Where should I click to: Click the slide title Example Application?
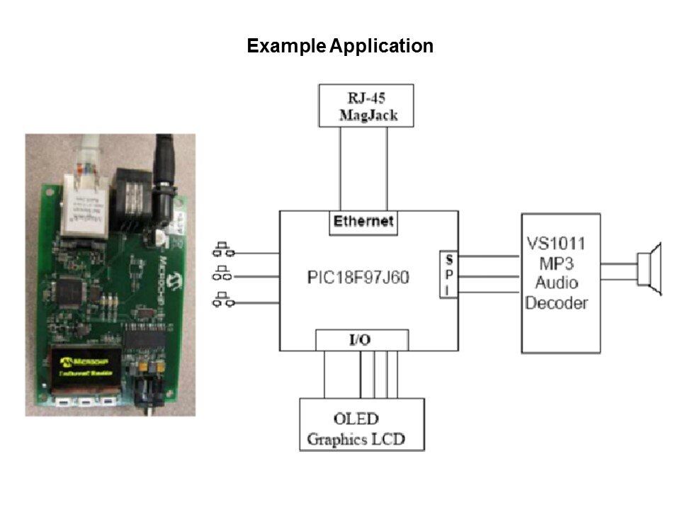click(340, 47)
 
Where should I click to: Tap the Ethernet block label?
click(363, 222)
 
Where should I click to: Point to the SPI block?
click(448, 274)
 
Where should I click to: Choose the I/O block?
click(361, 340)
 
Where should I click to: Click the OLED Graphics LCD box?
click(362, 425)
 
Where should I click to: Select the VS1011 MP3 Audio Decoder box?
click(560, 283)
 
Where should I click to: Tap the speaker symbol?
click(649, 270)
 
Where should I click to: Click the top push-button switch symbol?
click(224, 250)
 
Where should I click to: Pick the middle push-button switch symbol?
click(224, 275)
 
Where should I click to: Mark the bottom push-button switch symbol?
click(224, 300)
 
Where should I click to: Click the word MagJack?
click(366, 115)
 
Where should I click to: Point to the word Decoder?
click(557, 303)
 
